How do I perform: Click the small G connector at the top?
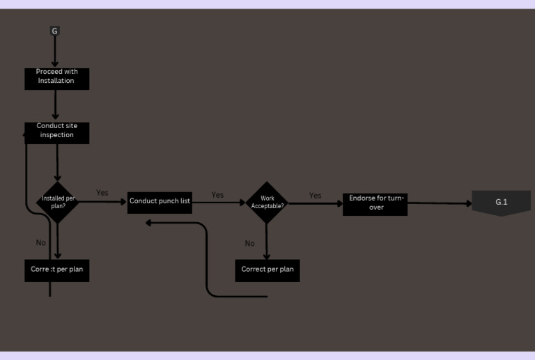[x=55, y=31]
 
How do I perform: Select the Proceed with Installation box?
[x=56, y=77]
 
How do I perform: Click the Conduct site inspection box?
[x=57, y=132]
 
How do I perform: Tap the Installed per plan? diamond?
[x=57, y=203]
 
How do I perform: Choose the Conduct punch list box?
[x=160, y=202]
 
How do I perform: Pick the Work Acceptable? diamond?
[x=267, y=203]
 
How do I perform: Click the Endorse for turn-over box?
[x=375, y=203]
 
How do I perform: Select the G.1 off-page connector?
[x=501, y=203]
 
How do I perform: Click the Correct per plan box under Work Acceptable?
[x=267, y=270]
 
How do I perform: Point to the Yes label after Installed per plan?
[x=102, y=193]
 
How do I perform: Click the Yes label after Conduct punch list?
[x=217, y=195]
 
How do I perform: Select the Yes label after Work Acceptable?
[x=315, y=196]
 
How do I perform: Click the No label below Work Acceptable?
[x=249, y=244]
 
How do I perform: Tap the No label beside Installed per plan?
[x=40, y=243]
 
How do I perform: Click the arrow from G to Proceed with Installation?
[x=55, y=50]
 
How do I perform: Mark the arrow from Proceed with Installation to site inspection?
[x=55, y=104]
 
